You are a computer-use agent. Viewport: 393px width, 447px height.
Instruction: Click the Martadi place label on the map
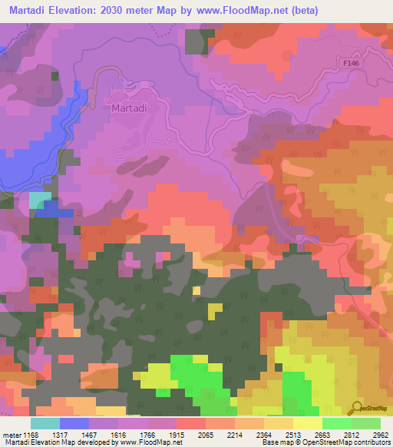click(128, 108)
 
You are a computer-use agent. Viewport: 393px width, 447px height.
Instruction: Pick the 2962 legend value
click(379, 435)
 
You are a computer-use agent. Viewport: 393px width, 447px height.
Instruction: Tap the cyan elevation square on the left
click(39, 200)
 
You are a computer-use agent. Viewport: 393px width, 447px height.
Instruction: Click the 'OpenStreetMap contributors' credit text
click(345, 443)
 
